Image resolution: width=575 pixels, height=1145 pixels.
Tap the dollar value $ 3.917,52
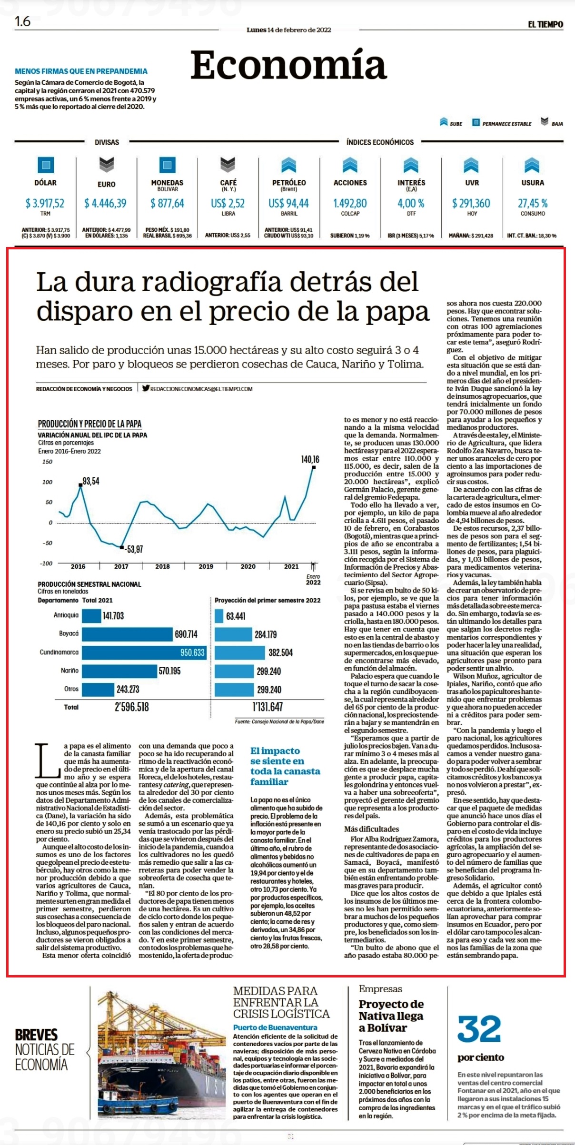[x=45, y=203]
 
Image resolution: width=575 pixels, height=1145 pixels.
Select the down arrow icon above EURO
[x=107, y=165]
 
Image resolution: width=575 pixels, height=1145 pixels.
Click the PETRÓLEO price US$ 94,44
[x=289, y=203]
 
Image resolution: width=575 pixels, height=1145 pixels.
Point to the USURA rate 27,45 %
[x=533, y=203]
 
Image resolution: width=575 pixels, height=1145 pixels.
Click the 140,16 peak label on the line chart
[x=310, y=459]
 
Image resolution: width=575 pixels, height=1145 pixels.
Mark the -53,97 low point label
[x=134, y=549]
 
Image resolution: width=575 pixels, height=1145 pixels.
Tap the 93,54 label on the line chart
[x=91, y=481]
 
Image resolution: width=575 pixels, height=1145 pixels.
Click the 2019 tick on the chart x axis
[x=206, y=566]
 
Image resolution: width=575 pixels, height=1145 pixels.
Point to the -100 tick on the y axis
[x=46, y=563]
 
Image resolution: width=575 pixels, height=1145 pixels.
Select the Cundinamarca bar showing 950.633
[x=144, y=652]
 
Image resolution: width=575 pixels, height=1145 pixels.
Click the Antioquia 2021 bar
[x=91, y=616]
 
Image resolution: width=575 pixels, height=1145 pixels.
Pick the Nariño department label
[x=69, y=671]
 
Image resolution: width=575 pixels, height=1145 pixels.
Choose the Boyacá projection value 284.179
[x=266, y=634]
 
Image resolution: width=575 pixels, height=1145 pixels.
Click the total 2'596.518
[x=132, y=707]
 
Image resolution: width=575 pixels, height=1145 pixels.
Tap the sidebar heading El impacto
[x=275, y=750]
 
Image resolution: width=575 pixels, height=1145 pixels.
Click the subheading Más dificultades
[x=372, y=829]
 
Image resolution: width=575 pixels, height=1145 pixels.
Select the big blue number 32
[x=479, y=1029]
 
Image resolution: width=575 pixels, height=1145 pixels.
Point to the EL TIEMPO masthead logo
[x=545, y=24]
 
